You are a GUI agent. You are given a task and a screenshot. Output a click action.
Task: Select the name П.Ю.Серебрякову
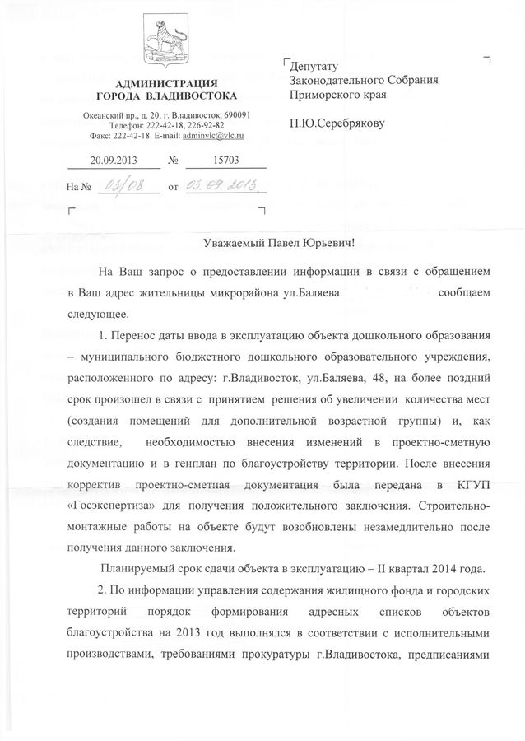[337, 124]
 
